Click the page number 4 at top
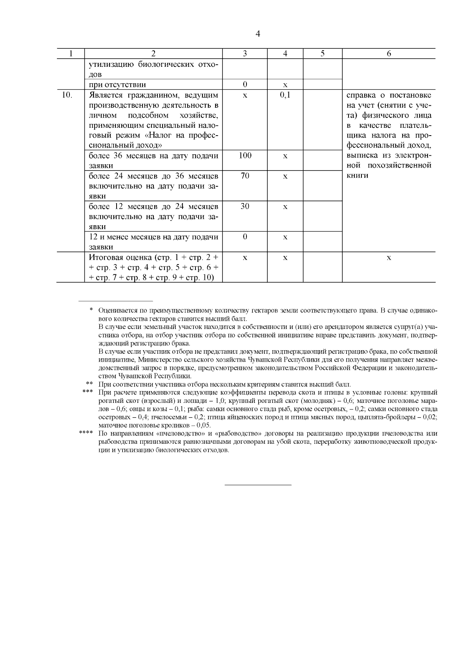tap(257, 34)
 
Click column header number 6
tap(389, 54)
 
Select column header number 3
tap(245, 54)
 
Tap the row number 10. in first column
tap(68, 95)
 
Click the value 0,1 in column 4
tap(285, 95)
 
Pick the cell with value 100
tap(245, 156)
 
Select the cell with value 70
tap(245, 176)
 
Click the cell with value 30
tap(245, 206)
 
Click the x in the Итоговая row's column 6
tap(389, 258)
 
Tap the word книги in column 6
tap(358, 175)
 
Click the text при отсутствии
tap(117, 85)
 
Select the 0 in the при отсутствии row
tap(245, 85)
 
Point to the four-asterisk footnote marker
tap(86, 433)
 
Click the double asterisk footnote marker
tap(89, 384)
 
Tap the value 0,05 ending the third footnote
tap(203, 425)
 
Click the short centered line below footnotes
tap(258, 485)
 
